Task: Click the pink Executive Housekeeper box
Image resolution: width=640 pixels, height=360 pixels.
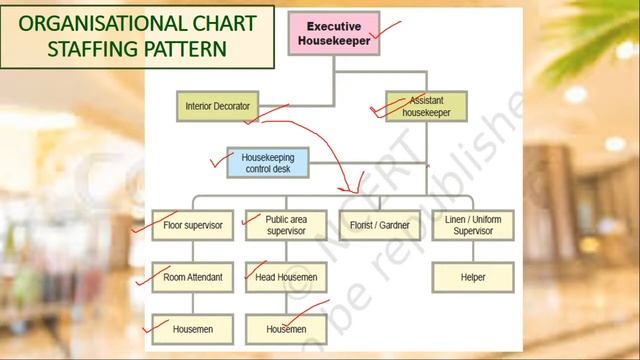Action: coord(334,32)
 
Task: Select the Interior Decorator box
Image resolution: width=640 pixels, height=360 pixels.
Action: coord(218,106)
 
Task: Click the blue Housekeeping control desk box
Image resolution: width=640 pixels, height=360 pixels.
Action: coord(267,162)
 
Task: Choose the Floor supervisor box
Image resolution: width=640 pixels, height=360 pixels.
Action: coord(192,225)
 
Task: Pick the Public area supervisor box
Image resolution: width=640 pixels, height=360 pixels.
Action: coord(286,225)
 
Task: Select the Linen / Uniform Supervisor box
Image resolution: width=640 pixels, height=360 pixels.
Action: coord(473,225)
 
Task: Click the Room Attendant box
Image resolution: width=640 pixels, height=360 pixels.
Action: coord(192,277)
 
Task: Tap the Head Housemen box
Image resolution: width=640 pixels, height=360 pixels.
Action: coord(286,277)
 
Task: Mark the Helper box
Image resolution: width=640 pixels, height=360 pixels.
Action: coord(473,277)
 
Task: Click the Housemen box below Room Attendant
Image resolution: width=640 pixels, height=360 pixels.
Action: coord(192,328)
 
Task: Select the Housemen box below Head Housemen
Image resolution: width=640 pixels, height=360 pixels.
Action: coord(286,328)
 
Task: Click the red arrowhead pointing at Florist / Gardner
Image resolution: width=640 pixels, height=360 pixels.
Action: coord(352,187)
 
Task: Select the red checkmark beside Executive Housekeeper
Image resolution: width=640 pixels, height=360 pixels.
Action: coord(384,34)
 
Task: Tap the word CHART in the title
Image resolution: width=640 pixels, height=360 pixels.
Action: coord(217,23)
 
